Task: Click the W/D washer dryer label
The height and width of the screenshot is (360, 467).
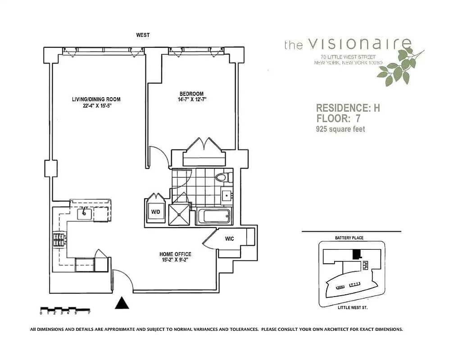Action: click(156, 211)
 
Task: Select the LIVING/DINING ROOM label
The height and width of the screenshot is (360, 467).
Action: click(96, 99)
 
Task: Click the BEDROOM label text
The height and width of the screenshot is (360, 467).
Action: click(191, 94)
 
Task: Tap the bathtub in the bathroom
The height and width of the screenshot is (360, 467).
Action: click(213, 216)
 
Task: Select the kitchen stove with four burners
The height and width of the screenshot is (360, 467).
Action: click(59, 240)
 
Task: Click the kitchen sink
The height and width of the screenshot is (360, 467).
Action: click(85, 214)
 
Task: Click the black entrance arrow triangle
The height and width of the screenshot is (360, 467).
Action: click(122, 303)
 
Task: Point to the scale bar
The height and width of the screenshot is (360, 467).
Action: click(65, 310)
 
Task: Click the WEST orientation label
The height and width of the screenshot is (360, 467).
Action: click(143, 35)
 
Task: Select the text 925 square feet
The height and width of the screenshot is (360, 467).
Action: click(340, 129)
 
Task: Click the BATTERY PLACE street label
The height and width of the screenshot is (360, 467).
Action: click(349, 238)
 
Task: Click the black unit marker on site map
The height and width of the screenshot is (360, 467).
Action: click(356, 254)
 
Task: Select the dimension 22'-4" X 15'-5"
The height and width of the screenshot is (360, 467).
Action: click(96, 106)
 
